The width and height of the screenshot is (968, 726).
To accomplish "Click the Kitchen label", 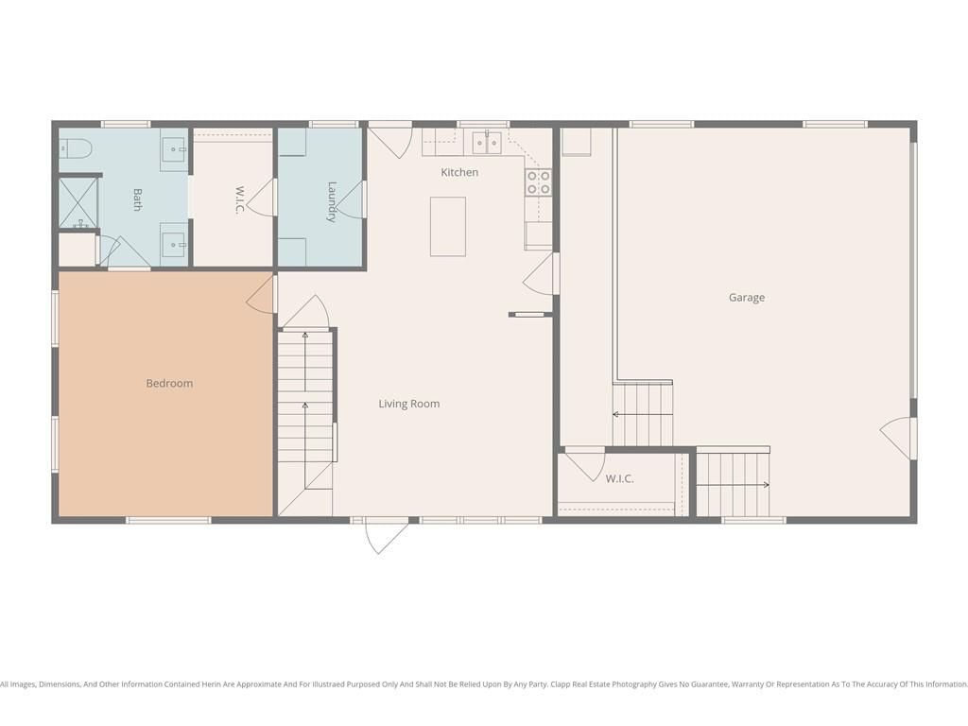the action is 459,172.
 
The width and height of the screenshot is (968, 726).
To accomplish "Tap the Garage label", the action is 747,298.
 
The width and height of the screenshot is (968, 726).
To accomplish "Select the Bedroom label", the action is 169,384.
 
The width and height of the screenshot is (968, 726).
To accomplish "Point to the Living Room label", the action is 408,404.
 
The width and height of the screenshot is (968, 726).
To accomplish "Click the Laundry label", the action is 332,201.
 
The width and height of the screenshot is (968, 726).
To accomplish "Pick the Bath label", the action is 137,200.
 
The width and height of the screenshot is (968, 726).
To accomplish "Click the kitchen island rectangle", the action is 447,227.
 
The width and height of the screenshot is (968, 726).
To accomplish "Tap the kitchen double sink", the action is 487,143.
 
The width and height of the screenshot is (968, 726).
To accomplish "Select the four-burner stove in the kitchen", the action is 538,182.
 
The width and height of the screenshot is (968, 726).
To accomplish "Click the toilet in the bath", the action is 76,148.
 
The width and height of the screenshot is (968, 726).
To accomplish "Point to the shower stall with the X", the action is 78,202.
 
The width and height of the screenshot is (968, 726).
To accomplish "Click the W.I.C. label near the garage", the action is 619,478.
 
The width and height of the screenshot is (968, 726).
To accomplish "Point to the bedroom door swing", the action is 260,295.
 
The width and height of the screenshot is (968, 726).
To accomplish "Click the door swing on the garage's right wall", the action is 895,437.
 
